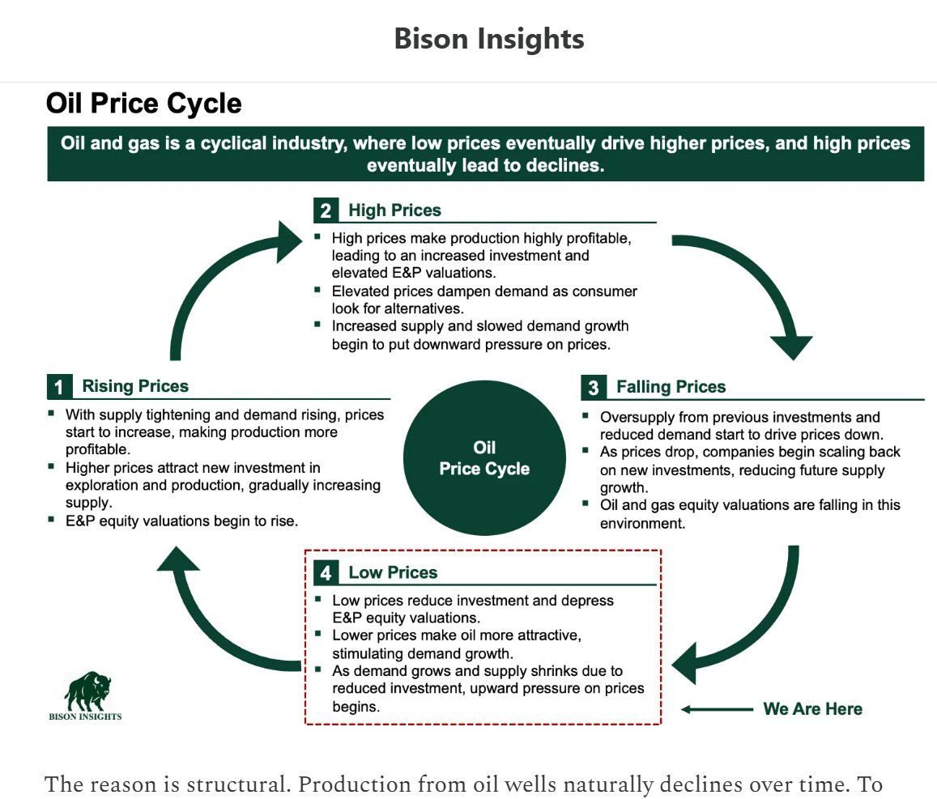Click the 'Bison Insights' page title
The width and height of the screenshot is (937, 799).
coord(489,39)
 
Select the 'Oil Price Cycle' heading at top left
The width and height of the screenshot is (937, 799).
coord(144,104)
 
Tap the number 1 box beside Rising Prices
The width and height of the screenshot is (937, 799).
coord(59,386)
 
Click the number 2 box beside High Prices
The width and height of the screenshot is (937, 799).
coord(326,210)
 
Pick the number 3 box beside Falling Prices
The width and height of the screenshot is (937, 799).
coord(594,388)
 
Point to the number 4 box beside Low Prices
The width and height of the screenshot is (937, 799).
coord(326,572)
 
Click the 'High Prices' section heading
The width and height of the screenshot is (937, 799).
coord(394,210)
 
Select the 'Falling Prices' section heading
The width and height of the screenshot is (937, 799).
coord(671,387)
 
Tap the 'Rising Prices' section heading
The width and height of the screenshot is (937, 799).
coord(135,386)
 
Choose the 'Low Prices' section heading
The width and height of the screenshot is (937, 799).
coord(393,572)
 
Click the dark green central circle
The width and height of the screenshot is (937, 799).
coord(484,458)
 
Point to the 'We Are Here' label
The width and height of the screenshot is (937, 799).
coord(813,709)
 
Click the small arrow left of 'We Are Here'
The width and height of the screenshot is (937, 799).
coord(717,709)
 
